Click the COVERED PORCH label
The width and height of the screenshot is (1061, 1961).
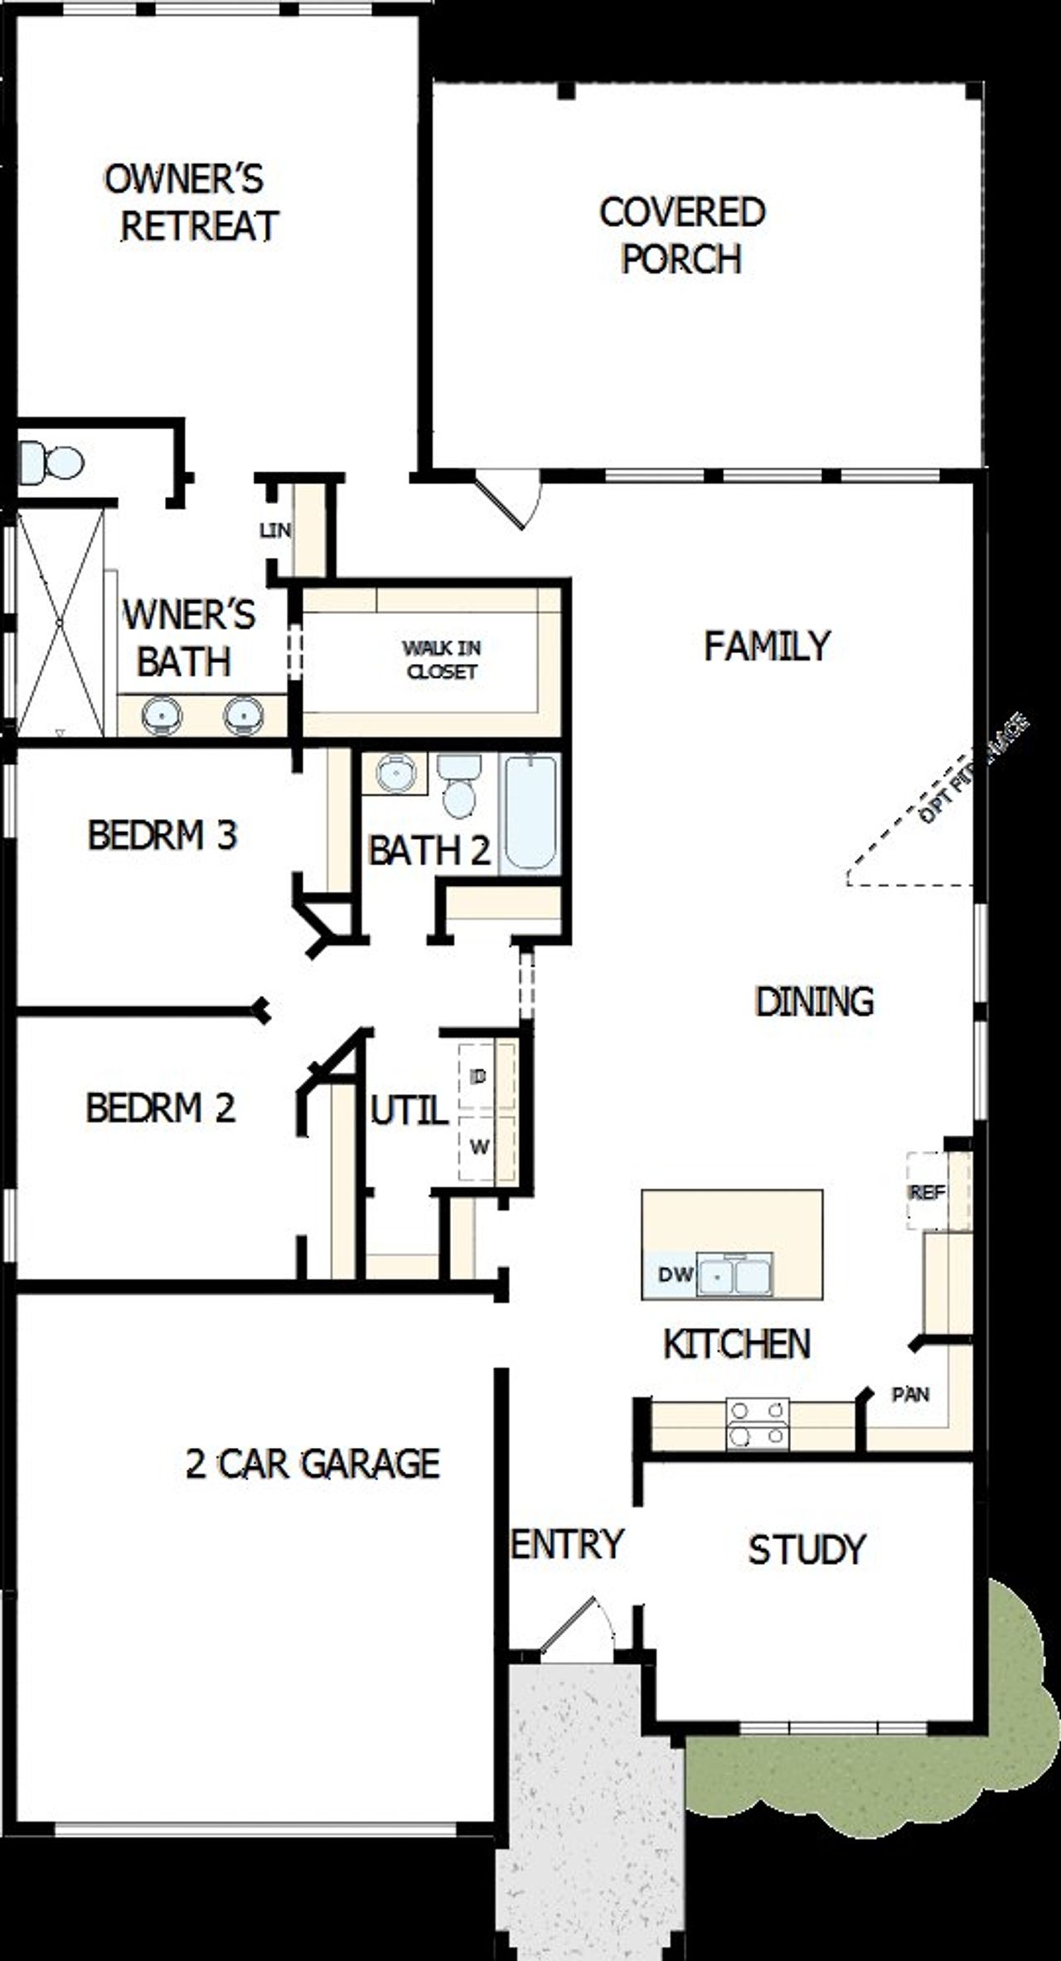click(681, 235)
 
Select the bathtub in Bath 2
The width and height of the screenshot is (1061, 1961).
click(530, 811)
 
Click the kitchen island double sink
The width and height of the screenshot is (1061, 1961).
click(734, 1275)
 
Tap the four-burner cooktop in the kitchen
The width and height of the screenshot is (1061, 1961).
click(757, 1424)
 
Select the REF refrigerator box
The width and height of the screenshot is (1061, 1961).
click(927, 1193)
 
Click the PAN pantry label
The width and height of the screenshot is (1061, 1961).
click(909, 1394)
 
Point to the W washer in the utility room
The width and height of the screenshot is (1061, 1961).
click(479, 1147)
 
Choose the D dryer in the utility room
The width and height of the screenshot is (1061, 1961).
click(478, 1077)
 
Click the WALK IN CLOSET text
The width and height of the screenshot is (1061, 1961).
click(441, 660)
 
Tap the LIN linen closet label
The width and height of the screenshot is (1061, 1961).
click(274, 530)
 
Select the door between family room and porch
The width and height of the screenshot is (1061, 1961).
click(507, 501)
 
